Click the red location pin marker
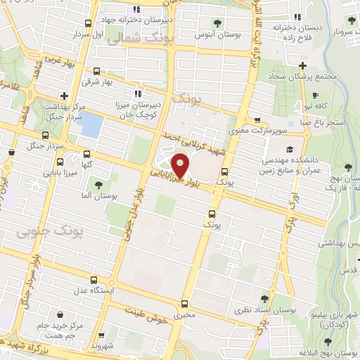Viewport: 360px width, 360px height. click(x=181, y=167)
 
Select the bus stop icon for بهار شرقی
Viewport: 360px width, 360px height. click(x=97, y=71)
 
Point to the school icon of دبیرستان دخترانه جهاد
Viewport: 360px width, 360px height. click(x=138, y=9)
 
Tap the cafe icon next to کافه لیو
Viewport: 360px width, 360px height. click(x=316, y=95)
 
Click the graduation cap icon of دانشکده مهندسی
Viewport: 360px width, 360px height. click(x=289, y=150)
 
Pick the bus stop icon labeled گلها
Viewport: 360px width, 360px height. click(x=86, y=154)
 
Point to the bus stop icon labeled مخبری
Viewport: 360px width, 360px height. click(x=184, y=304)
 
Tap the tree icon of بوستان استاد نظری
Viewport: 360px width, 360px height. click(x=264, y=299)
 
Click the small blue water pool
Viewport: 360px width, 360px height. click(x=91, y=125)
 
